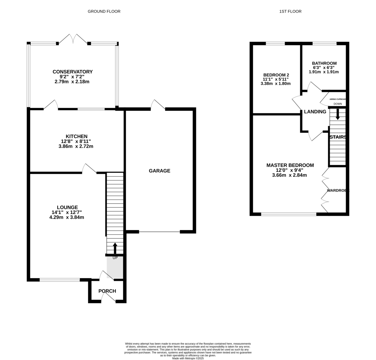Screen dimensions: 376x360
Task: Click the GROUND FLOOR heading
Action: (104, 11)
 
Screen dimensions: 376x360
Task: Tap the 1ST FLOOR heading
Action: (290, 11)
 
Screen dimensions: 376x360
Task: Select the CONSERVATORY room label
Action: (73, 72)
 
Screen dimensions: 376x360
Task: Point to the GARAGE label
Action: (159, 171)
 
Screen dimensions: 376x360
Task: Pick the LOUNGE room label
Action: (67, 207)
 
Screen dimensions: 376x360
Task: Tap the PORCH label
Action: (107, 291)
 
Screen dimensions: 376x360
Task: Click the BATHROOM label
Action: (324, 63)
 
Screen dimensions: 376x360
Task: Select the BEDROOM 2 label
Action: (276, 75)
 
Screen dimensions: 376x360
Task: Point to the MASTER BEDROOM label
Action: (290, 165)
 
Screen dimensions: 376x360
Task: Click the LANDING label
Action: (315, 112)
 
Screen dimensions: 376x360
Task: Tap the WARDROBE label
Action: (338, 190)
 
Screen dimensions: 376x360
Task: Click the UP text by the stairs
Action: (115, 258)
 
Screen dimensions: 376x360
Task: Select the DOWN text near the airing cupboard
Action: (337, 104)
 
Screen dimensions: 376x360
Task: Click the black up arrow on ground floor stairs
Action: (115, 248)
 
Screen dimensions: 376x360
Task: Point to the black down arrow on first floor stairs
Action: (337, 114)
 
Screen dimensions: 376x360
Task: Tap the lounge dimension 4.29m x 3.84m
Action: (67, 217)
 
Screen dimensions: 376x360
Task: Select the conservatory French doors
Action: (73, 39)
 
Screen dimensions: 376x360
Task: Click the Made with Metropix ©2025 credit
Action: (188, 358)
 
